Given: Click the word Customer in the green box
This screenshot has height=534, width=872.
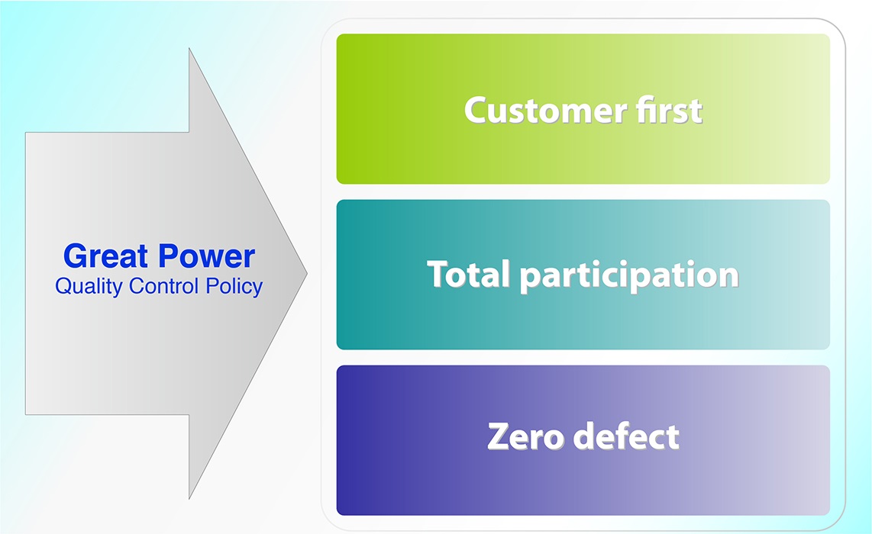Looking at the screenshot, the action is click(x=546, y=110).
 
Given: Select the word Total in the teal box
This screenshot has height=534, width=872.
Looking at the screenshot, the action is click(x=469, y=274).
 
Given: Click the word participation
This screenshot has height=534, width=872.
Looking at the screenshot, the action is click(x=629, y=276).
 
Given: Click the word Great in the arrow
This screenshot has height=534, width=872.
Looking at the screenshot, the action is click(x=105, y=256).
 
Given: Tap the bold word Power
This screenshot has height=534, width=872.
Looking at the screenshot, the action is click(x=206, y=256).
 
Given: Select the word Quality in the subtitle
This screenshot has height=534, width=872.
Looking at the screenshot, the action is click(x=89, y=287).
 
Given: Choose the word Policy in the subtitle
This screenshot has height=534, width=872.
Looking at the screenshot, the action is click(x=234, y=287).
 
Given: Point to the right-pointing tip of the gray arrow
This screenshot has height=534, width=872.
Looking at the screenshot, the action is click(x=307, y=273).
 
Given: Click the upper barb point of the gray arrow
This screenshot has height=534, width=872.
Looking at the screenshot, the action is click(x=189, y=48).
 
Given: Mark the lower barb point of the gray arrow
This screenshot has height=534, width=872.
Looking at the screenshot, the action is click(x=189, y=498).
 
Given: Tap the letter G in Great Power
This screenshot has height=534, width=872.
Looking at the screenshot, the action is click(x=76, y=256).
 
